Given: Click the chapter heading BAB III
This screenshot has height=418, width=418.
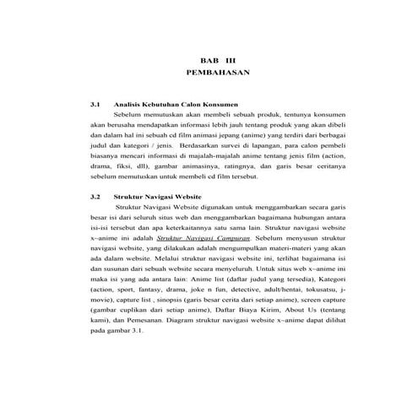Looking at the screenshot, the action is pyautogui.click(x=209, y=61).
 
